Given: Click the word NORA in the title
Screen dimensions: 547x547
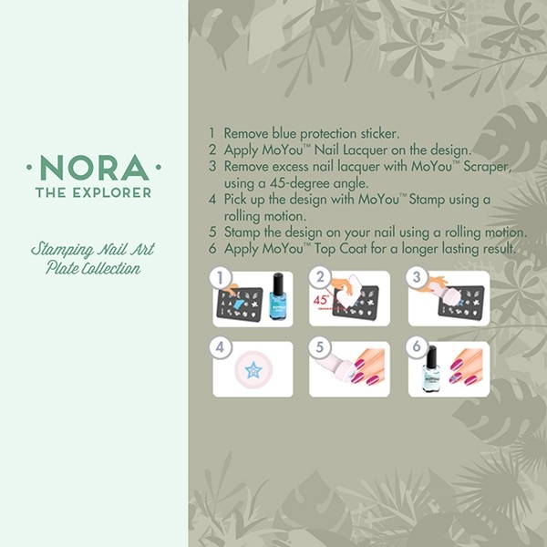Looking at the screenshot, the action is (95, 168).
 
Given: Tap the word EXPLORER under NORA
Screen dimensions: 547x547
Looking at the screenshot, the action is (112, 192).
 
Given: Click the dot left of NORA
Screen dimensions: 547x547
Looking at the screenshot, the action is (29, 168).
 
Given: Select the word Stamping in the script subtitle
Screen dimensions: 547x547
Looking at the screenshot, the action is (62, 250).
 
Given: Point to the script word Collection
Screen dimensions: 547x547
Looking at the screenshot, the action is (111, 268).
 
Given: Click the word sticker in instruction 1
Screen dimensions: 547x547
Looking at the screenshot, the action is (380, 133).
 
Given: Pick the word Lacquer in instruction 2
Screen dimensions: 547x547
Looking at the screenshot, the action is (365, 150).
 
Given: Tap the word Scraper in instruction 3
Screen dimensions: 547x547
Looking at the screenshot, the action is (488, 167).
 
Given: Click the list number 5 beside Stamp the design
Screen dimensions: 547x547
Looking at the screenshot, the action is (212, 232).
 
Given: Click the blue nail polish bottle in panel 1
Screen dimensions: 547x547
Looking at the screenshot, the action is (278, 296).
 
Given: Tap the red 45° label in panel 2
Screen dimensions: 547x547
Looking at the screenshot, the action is (321, 300).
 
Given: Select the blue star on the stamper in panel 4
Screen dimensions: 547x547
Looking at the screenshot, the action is (253, 370).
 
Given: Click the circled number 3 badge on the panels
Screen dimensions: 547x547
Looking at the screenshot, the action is (417, 277).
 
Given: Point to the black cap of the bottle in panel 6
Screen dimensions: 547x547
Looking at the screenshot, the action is (432, 356).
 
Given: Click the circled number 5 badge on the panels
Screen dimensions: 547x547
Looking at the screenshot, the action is (320, 347).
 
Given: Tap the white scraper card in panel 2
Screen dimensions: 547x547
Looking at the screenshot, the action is (349, 292).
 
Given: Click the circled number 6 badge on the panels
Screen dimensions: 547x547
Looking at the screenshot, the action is (417, 347).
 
